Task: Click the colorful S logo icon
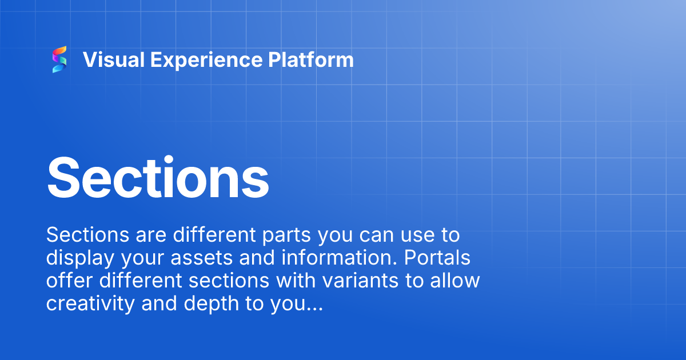(x=59, y=60)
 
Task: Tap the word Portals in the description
(x=437, y=258)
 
